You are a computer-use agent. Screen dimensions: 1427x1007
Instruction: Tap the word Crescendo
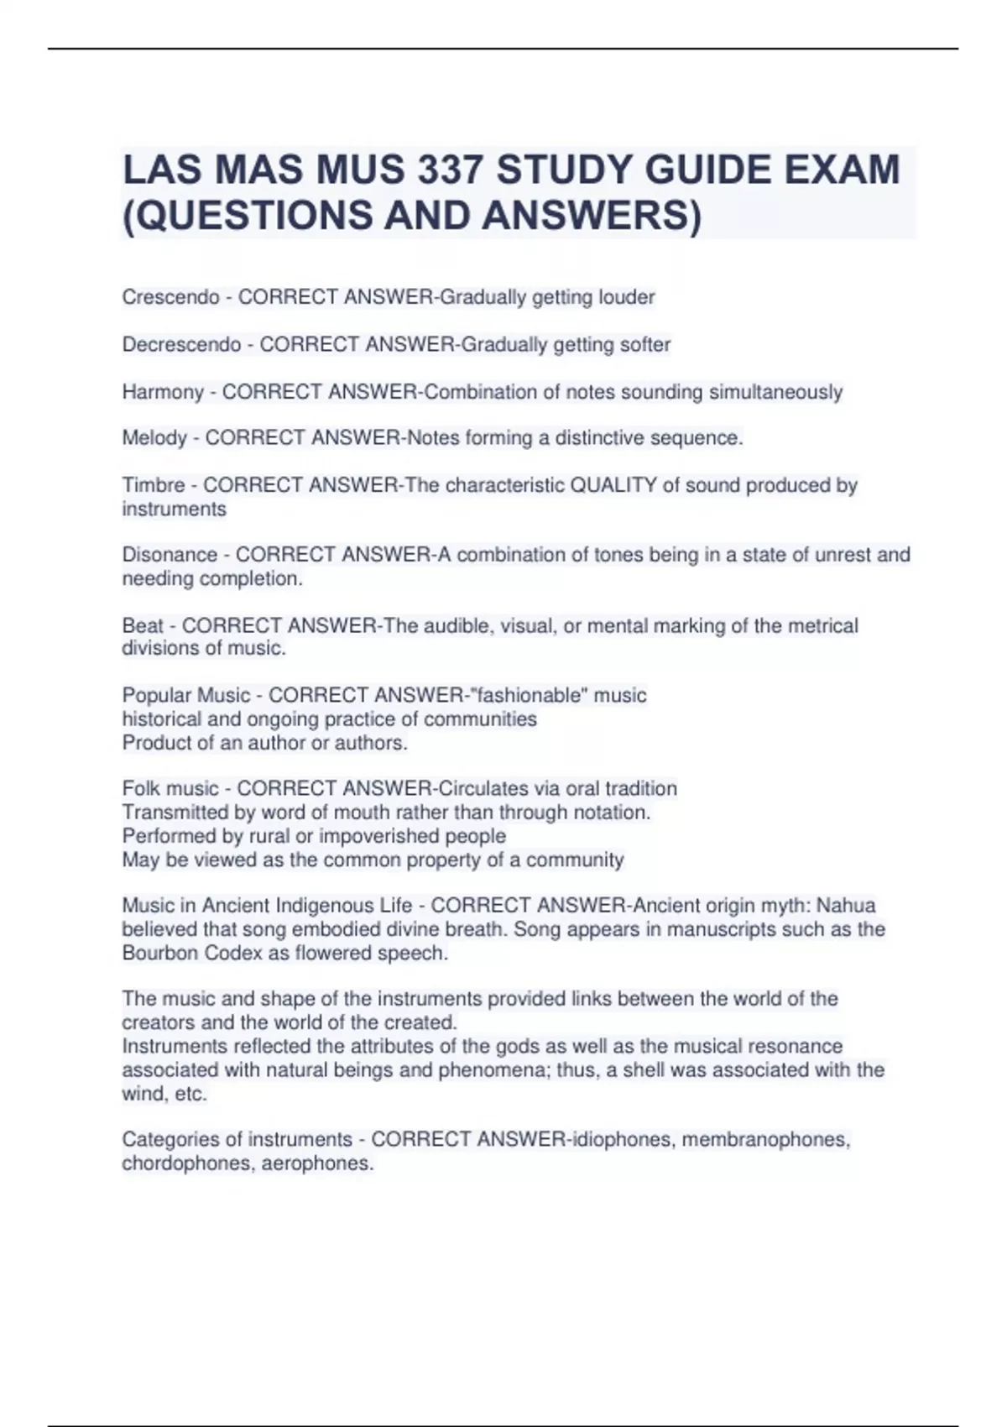click(170, 297)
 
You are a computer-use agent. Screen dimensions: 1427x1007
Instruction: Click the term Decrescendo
click(181, 344)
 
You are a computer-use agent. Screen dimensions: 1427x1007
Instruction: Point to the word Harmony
click(163, 392)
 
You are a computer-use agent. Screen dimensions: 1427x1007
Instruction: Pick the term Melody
click(154, 438)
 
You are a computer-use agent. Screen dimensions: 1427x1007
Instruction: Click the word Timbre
click(154, 485)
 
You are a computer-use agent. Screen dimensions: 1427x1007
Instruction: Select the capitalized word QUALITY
click(613, 485)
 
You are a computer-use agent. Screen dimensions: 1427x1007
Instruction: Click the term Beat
click(143, 625)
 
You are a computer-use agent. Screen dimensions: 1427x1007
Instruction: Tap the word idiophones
click(622, 1139)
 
